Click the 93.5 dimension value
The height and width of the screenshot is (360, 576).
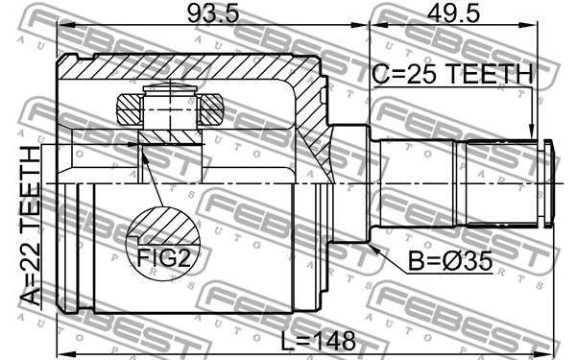(213, 14)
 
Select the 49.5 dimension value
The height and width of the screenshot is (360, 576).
(453, 14)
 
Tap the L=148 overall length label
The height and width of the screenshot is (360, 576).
(318, 341)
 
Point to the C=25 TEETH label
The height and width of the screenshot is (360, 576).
(452, 74)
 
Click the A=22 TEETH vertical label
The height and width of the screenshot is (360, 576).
(30, 226)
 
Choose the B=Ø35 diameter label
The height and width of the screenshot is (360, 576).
(450, 261)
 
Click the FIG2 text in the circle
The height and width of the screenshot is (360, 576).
(164, 258)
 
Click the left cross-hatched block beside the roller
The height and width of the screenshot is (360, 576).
(129, 109)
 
